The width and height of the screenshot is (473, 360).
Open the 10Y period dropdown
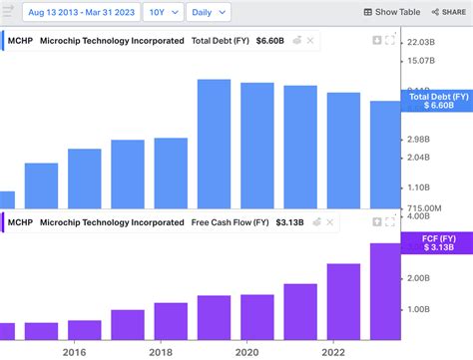[163, 12]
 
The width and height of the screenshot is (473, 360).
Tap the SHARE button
[447, 12]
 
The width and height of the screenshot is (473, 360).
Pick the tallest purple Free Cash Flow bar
[386, 290]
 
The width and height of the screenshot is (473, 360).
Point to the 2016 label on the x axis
[73, 351]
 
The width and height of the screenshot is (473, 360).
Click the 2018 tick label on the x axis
[159, 351]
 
